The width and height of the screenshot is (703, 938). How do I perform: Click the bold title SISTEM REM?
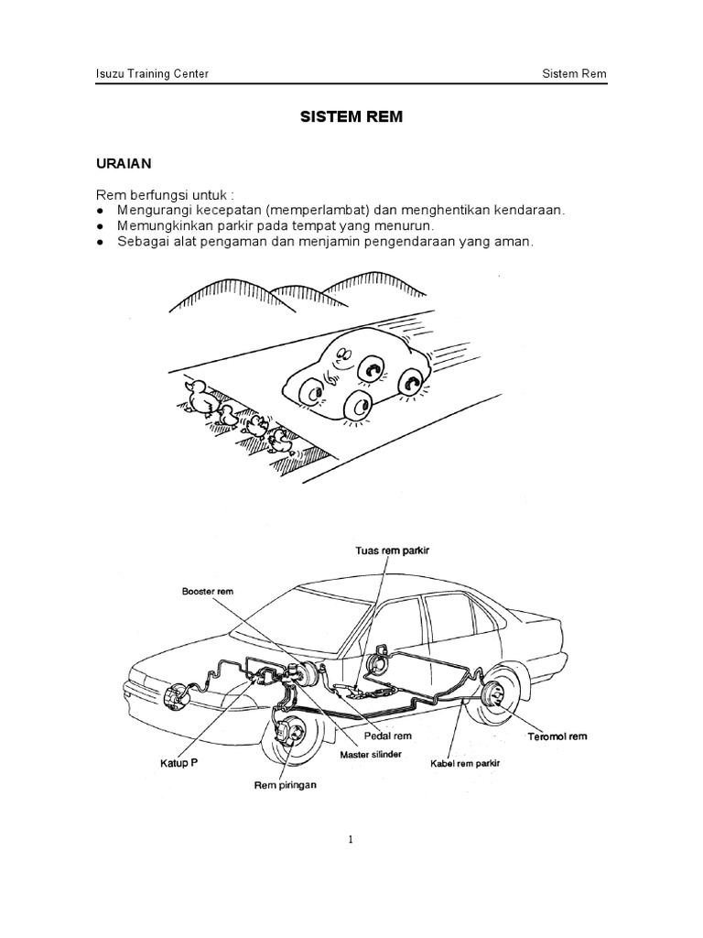click(x=351, y=118)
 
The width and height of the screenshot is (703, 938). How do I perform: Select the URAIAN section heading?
click(x=124, y=164)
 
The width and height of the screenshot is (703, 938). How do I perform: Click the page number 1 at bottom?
click(x=351, y=838)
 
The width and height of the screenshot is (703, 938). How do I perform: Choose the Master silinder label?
click(x=370, y=755)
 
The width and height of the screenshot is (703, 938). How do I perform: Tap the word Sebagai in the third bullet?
click(x=141, y=241)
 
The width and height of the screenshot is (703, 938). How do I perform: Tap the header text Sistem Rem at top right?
click(x=575, y=74)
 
